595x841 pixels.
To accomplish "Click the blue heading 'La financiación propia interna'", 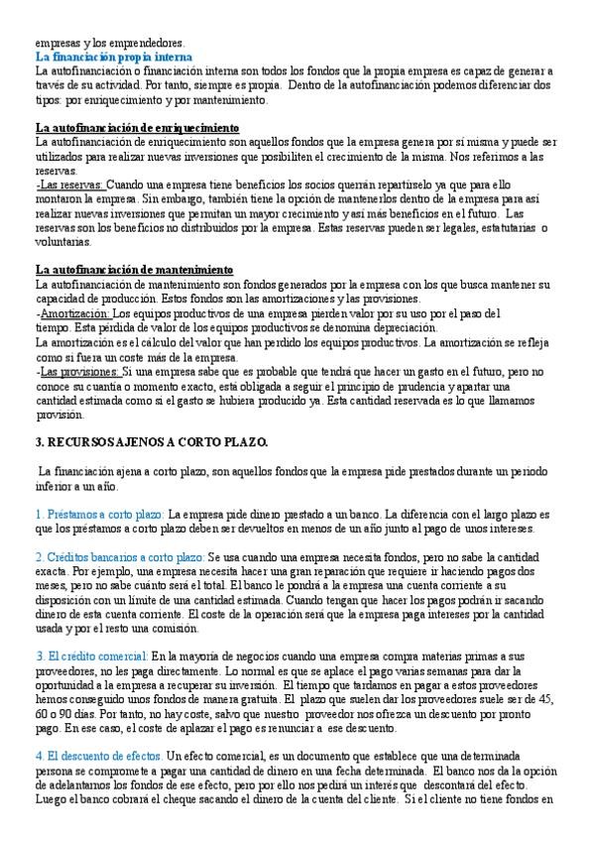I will coord(113,58).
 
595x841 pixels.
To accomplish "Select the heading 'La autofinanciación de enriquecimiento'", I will coord(137,129).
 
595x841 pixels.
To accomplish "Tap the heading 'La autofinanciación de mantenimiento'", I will coord(134,271).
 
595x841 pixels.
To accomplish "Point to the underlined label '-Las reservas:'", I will coord(68,185).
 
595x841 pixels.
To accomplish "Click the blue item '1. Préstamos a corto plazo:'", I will coord(99,515).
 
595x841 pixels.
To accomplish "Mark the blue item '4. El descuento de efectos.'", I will coord(98,756).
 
